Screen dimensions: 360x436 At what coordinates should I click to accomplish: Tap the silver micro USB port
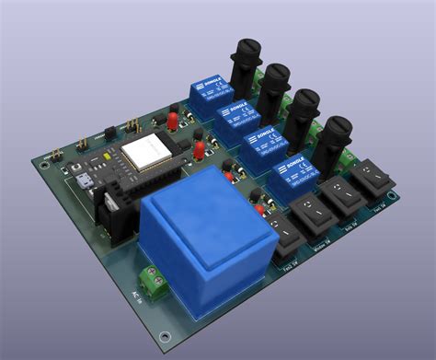tap(85, 180)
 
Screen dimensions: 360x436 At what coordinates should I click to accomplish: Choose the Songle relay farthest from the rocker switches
tap(209, 90)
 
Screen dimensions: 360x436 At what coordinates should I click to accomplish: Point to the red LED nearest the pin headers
tap(172, 121)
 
